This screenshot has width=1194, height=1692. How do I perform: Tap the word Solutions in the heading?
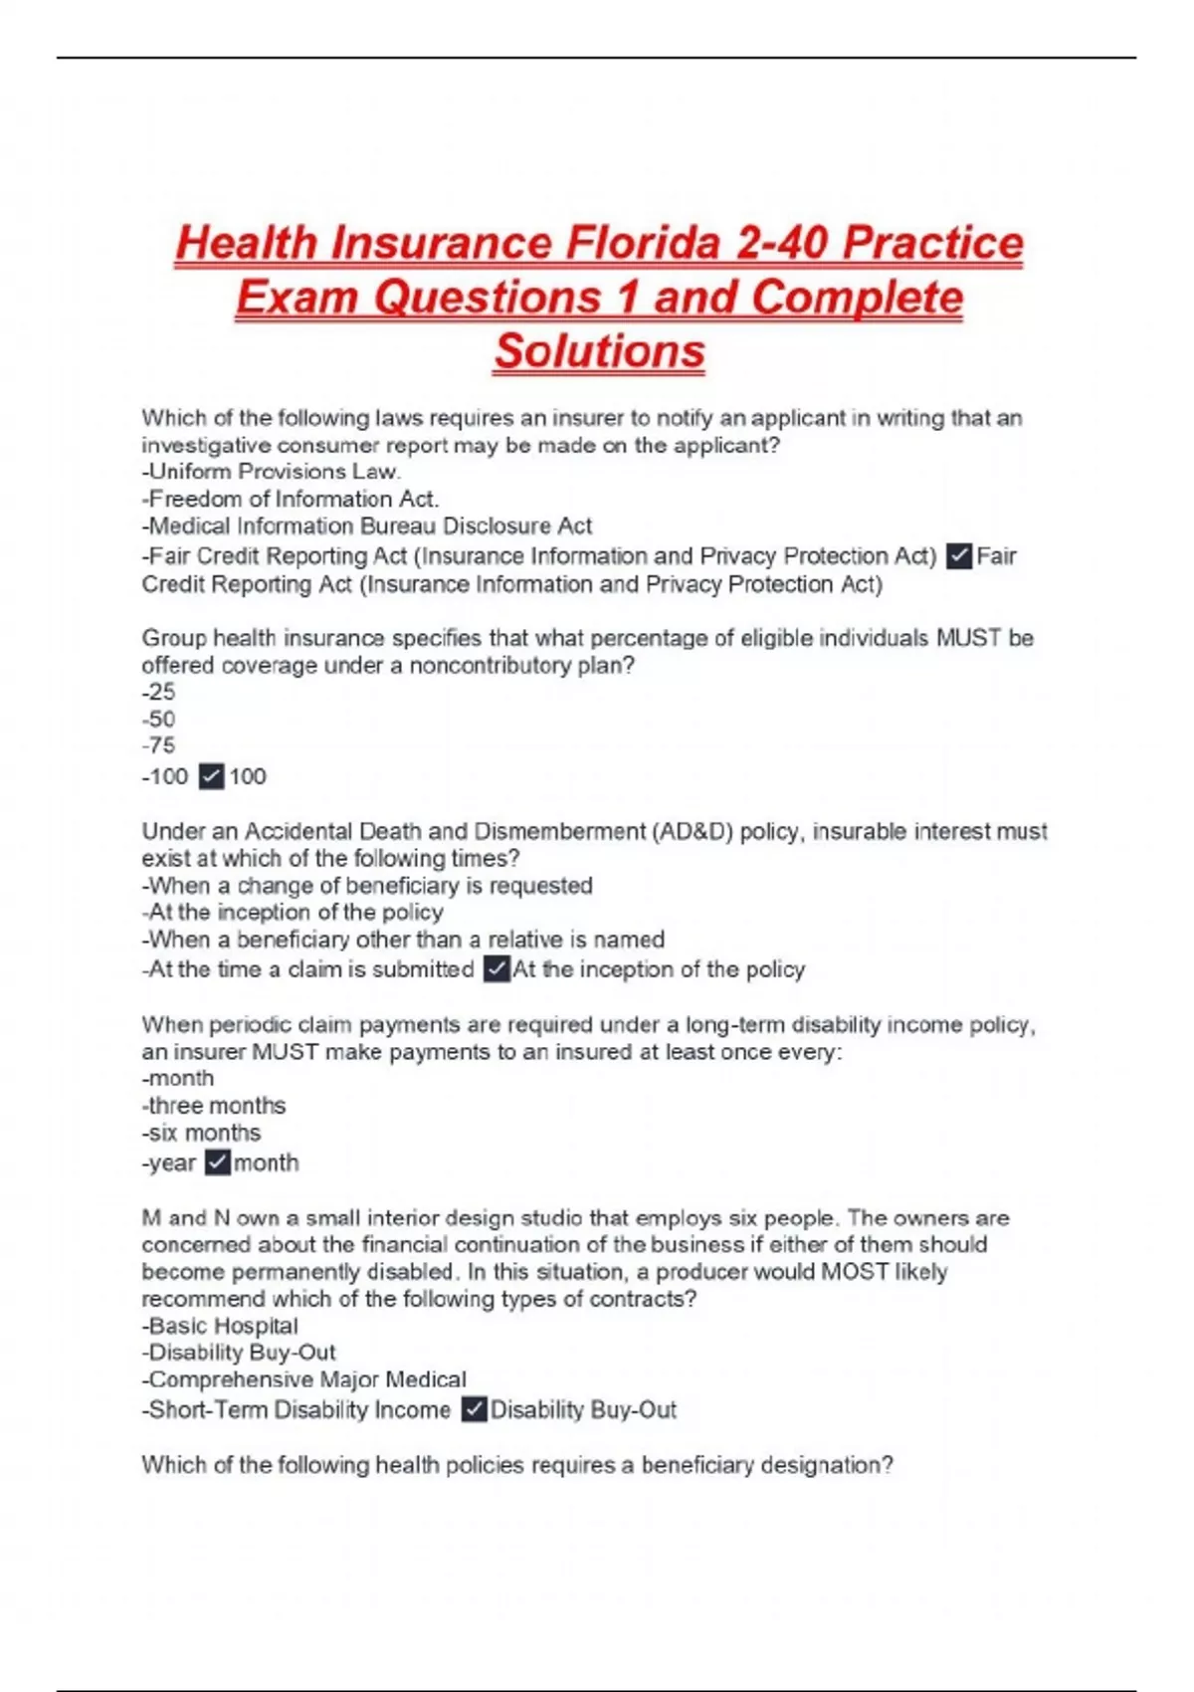[x=599, y=351]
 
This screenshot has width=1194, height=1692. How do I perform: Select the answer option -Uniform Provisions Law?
[x=271, y=472]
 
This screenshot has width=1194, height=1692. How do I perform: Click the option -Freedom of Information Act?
[x=290, y=499]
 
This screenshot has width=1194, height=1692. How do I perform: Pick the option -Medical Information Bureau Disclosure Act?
[x=366, y=526]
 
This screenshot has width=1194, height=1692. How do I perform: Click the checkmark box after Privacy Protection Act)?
[x=959, y=555]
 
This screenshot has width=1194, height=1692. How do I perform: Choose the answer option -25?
[x=158, y=692]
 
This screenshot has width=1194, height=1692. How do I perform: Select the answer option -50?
[x=158, y=719]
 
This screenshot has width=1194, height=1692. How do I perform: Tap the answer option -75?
[x=158, y=745]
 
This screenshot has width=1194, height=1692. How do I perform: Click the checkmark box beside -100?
[x=211, y=776]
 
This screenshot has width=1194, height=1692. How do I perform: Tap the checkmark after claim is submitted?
[x=497, y=968]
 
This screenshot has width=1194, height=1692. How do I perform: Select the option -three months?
[x=213, y=1106]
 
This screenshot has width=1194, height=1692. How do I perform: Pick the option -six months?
[x=201, y=1133]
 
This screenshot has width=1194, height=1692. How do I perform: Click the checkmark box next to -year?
[x=217, y=1163]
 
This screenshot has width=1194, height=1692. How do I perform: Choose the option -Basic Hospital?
[x=220, y=1326]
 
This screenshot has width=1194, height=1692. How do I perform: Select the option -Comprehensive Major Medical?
[x=303, y=1379]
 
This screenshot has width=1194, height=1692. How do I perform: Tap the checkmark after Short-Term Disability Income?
[x=475, y=1409]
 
